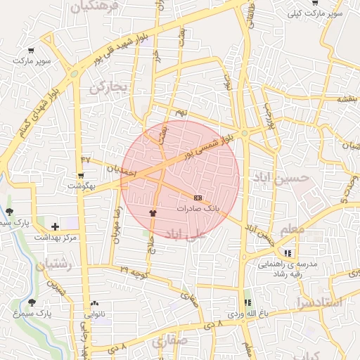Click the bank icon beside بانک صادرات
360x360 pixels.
pos(198,198)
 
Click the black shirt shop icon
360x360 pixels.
pos(153,212)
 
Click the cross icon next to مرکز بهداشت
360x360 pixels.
pos(56,226)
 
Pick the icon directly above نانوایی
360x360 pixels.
pos(94,304)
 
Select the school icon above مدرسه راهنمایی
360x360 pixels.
pos(287,253)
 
